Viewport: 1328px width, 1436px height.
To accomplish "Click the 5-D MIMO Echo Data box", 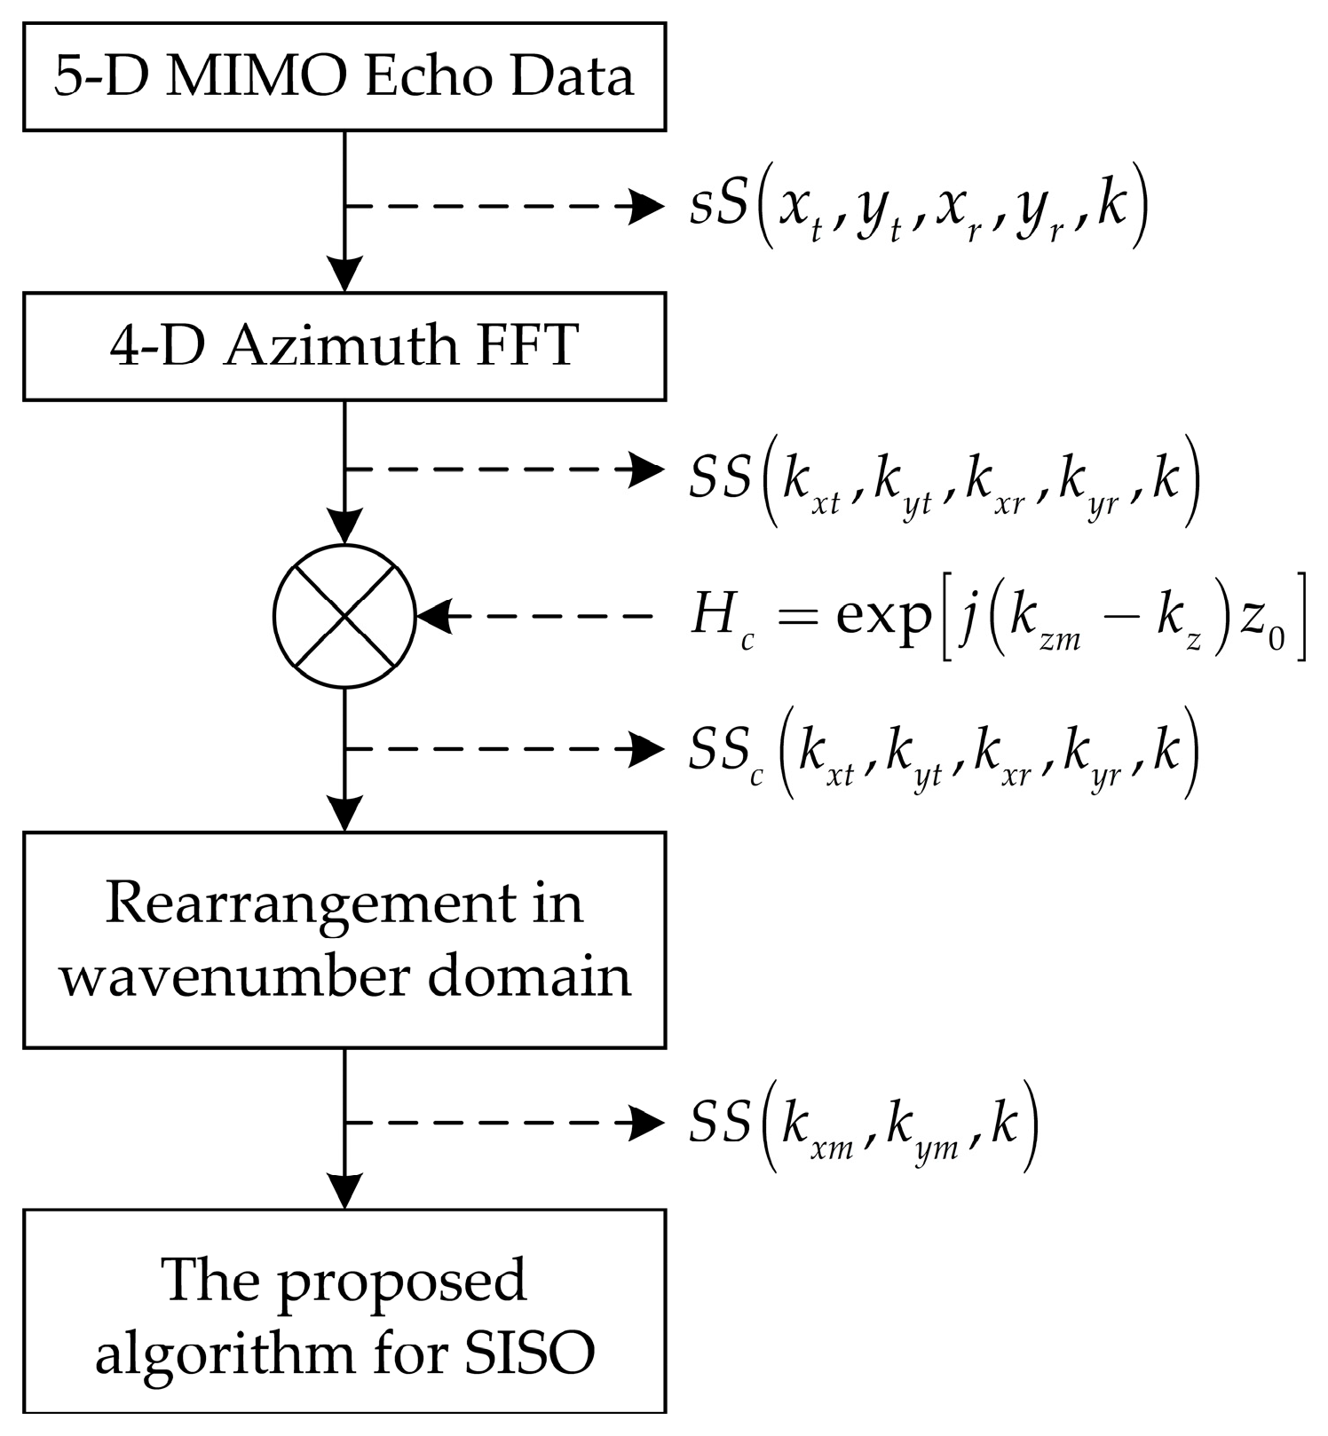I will pos(344,77).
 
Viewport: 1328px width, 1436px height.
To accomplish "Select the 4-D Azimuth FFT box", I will pos(344,346).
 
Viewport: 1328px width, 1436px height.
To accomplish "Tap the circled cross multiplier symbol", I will pos(344,616).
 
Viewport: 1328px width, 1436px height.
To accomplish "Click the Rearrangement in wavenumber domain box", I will pos(344,940).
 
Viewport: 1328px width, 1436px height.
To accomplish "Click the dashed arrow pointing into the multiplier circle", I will pos(533,616).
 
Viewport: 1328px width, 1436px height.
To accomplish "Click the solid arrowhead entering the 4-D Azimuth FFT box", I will pos(344,273).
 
